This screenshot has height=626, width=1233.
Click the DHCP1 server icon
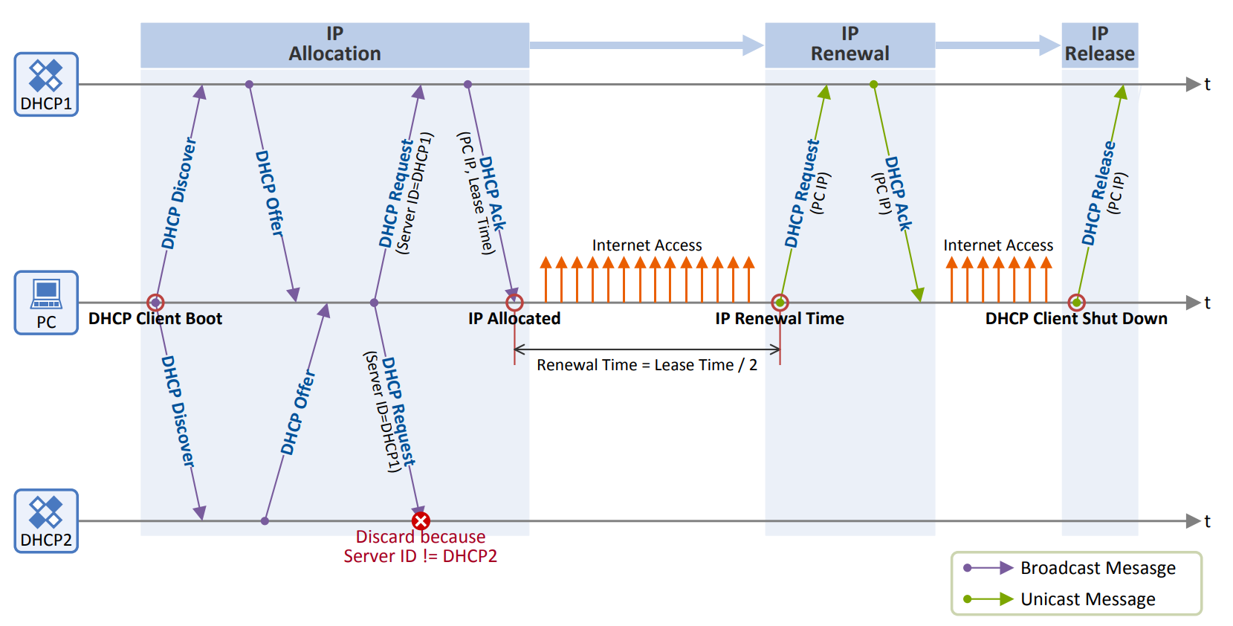pyautogui.click(x=46, y=83)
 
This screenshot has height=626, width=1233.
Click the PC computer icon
pyautogui.click(x=46, y=302)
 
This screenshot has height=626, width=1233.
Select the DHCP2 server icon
pyautogui.click(x=46, y=520)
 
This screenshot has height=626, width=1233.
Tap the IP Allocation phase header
pyautogui.click(x=334, y=45)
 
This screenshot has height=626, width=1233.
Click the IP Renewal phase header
pyautogui.click(x=849, y=45)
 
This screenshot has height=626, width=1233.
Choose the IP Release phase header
pyautogui.click(x=1099, y=45)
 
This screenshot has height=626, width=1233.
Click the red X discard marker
pyautogui.click(x=421, y=520)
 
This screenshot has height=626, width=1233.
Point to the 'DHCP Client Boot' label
pyautogui.click(x=155, y=319)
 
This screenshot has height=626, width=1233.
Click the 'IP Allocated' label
pyautogui.click(x=514, y=319)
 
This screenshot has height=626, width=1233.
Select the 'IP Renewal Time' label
pyautogui.click(x=780, y=319)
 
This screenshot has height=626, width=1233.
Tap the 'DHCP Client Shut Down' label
pyautogui.click(x=1076, y=319)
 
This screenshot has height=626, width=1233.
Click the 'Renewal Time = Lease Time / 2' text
pyautogui.click(x=647, y=365)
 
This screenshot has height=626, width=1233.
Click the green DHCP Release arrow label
pyautogui.click(x=1098, y=193)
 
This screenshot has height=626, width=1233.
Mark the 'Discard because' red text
pyautogui.click(x=420, y=537)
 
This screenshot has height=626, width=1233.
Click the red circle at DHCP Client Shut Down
pyautogui.click(x=1076, y=303)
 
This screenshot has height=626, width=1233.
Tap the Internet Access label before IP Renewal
pyautogui.click(x=647, y=245)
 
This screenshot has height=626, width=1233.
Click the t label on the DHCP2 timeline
pyautogui.click(x=1207, y=521)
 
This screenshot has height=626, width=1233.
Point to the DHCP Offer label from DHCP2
pyautogui.click(x=297, y=413)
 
